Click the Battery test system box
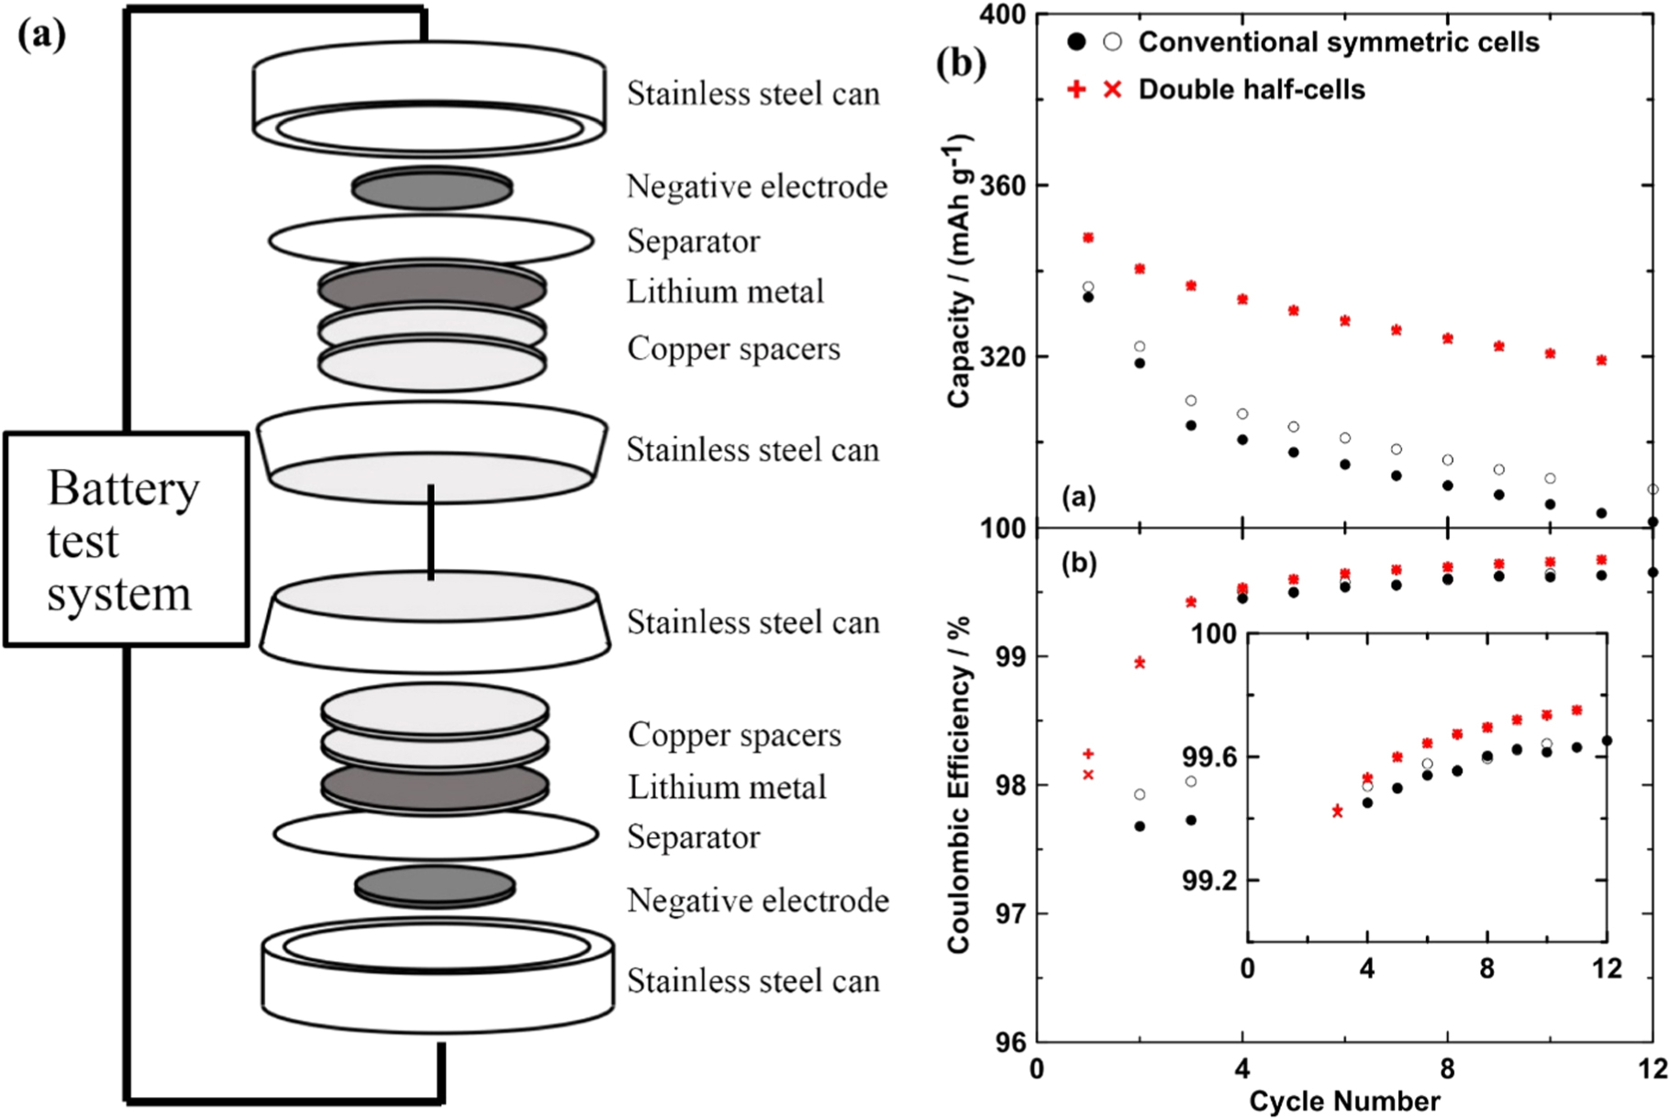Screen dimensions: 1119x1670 (x=127, y=540)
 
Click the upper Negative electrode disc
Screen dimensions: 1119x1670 (x=431, y=189)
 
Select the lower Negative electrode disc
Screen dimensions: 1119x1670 (x=434, y=885)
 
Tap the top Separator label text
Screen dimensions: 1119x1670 (x=693, y=241)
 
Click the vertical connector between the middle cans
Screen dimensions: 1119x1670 (x=430, y=532)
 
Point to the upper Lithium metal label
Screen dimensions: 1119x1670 (x=725, y=292)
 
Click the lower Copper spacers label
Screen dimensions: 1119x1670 (x=734, y=734)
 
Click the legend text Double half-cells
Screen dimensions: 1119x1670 (x=1251, y=90)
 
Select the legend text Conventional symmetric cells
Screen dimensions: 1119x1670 (x=1338, y=42)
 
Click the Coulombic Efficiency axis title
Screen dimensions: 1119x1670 (x=959, y=785)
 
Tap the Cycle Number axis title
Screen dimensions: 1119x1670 (x=1343, y=1101)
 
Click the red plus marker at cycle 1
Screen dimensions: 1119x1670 (x=1088, y=755)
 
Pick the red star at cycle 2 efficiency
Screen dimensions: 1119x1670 (x=1140, y=663)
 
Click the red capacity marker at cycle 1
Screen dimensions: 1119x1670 (x=1088, y=238)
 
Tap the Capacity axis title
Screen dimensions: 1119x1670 (x=959, y=271)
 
